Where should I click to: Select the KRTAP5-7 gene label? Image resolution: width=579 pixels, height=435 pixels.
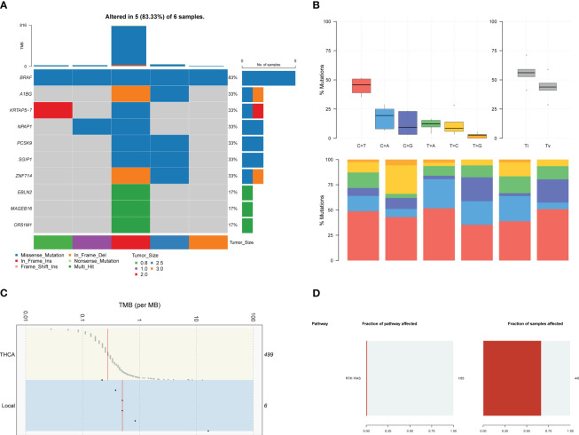point(12,110)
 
